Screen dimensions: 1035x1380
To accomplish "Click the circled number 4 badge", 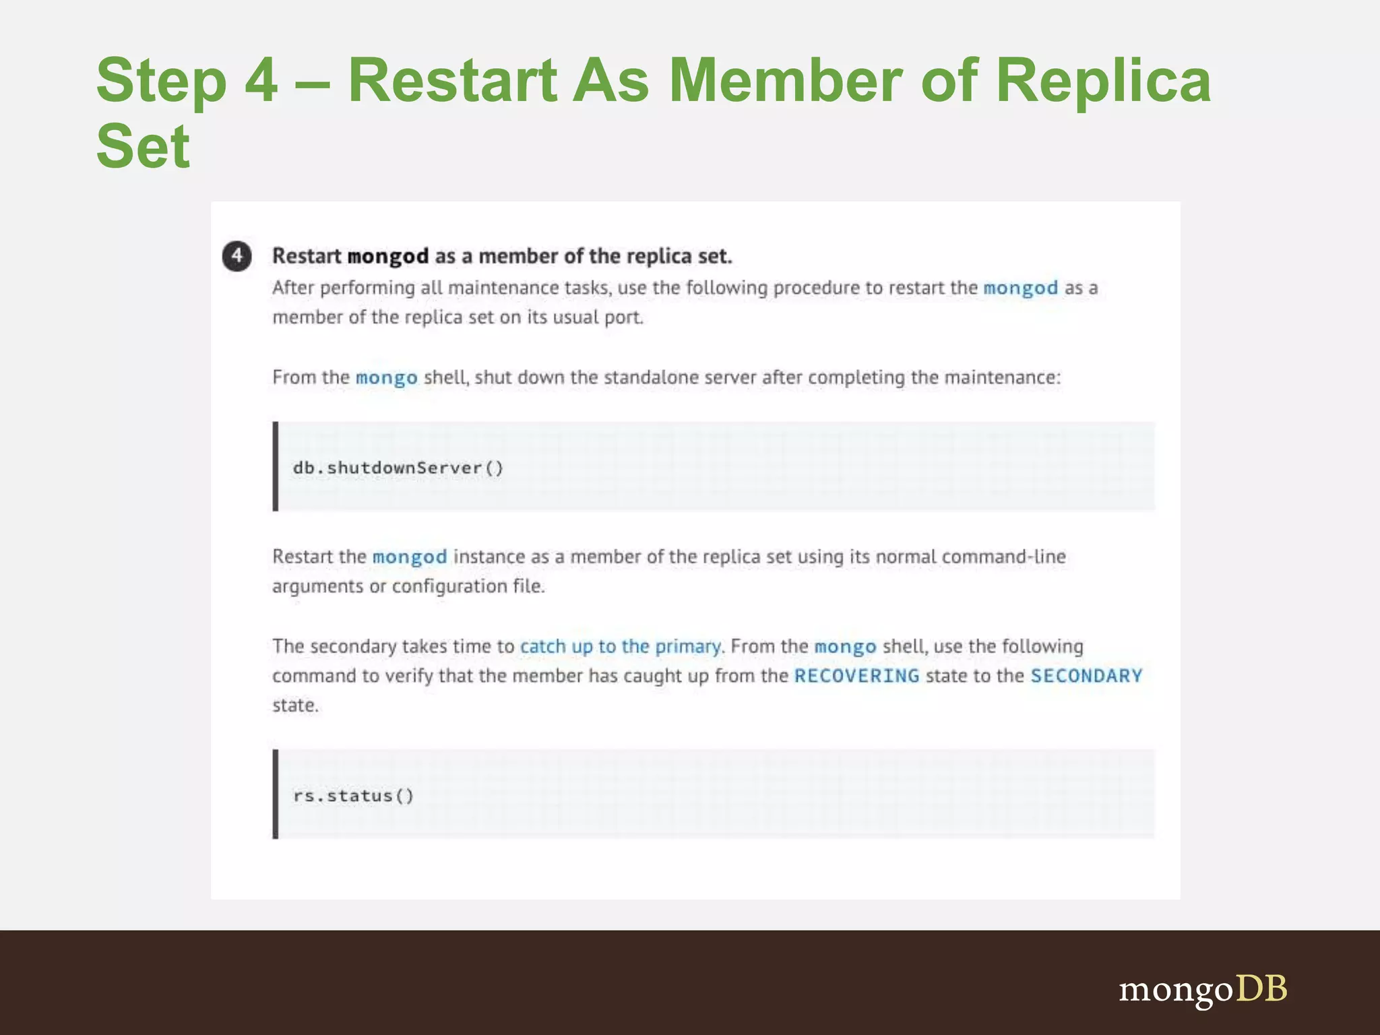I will [x=237, y=256].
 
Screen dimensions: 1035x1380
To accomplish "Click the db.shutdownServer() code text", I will [x=398, y=468].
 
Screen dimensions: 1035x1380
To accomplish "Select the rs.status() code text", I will [x=353, y=796].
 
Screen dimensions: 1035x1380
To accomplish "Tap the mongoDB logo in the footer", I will [x=1203, y=989].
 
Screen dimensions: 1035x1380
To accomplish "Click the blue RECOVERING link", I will [x=856, y=676].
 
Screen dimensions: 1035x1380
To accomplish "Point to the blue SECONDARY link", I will [x=1086, y=676].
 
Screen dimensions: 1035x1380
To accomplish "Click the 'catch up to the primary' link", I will [x=620, y=646].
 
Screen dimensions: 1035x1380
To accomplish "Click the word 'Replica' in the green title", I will [x=1103, y=81].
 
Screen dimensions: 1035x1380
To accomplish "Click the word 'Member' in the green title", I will [x=785, y=81].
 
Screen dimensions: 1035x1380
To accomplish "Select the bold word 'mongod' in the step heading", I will [x=388, y=257].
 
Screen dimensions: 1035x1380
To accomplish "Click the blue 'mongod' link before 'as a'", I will [x=1020, y=288].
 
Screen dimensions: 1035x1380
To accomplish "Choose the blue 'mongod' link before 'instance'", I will [x=410, y=557].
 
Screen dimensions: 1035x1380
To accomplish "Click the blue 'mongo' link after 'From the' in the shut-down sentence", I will [x=386, y=377].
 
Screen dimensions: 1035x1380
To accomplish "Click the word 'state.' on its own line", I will [x=295, y=705].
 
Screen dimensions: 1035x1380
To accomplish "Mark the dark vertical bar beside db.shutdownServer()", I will [x=276, y=466].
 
